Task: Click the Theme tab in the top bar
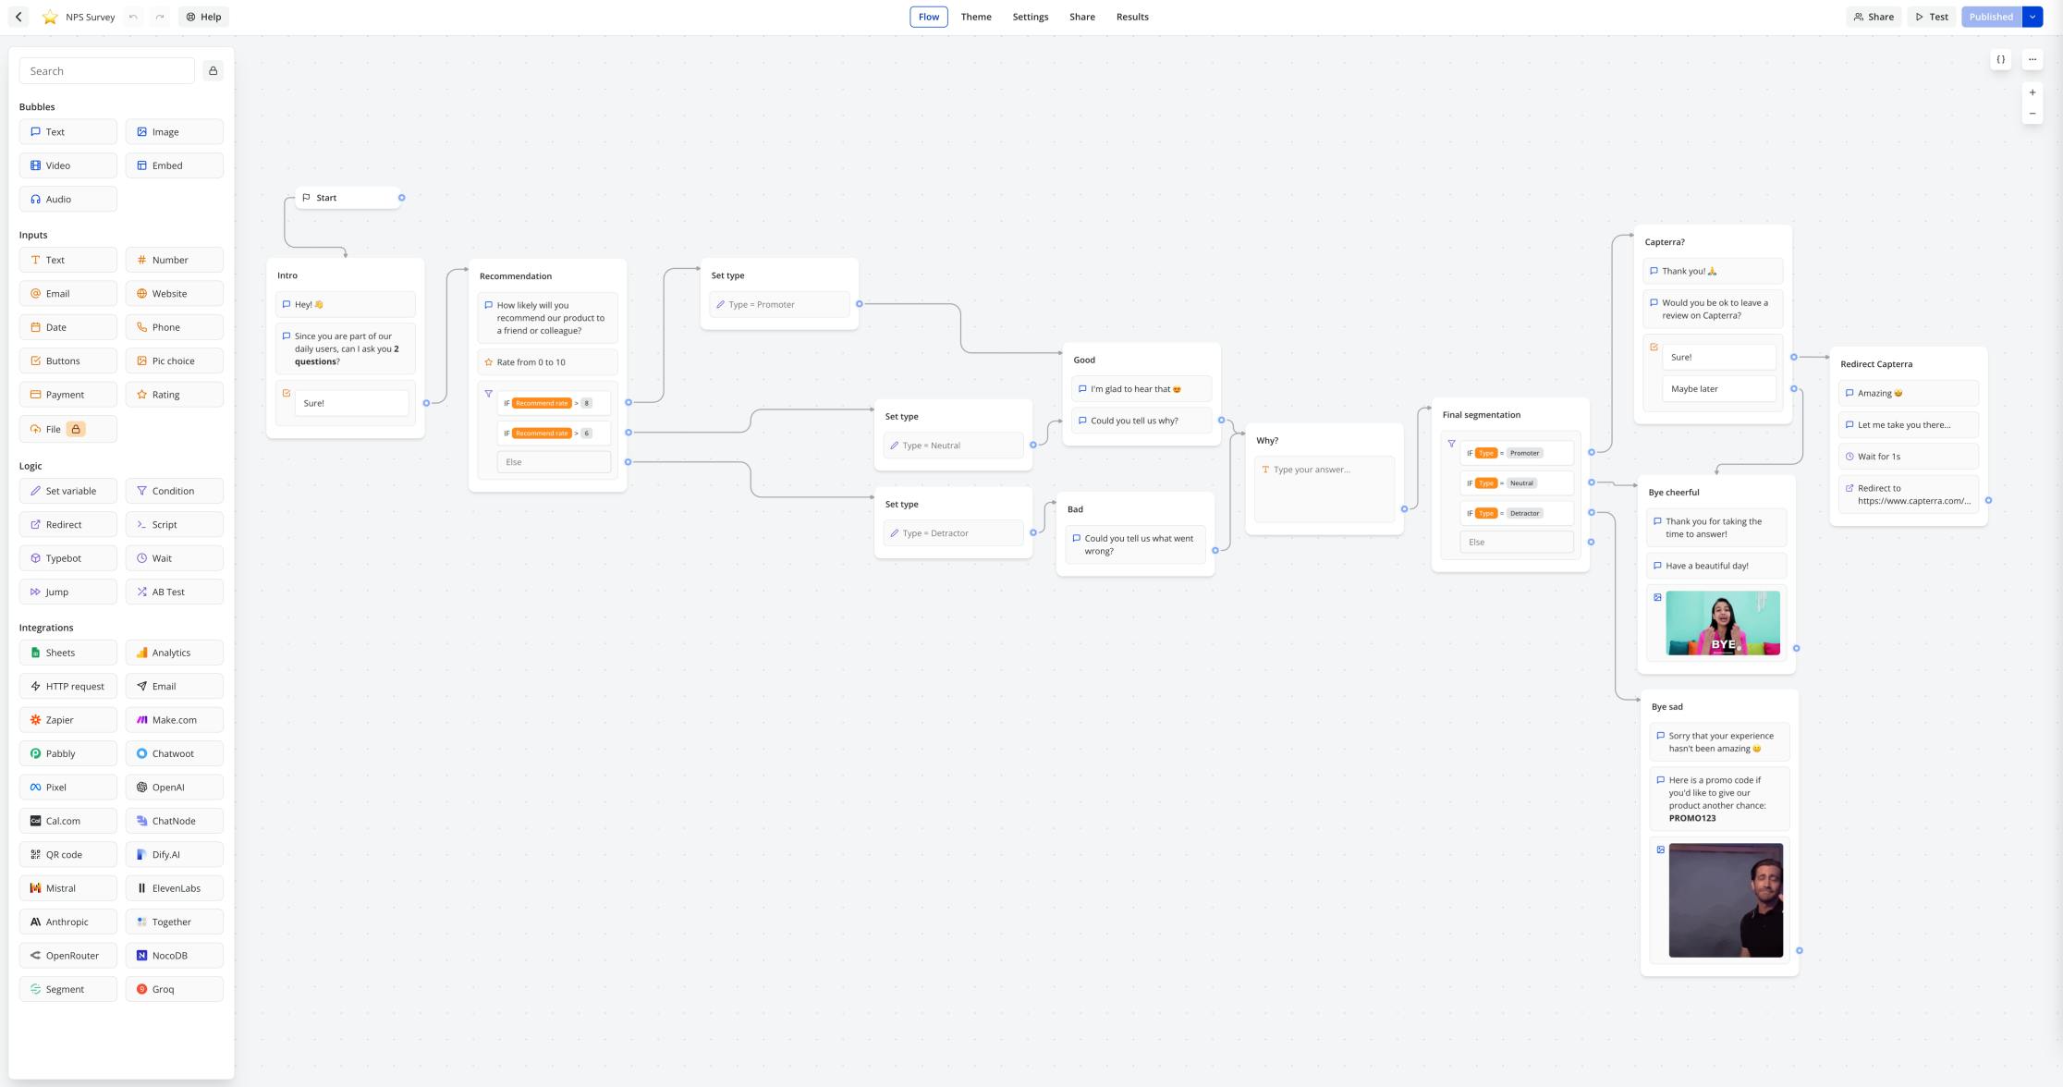[x=975, y=17]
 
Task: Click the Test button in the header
[x=1931, y=17]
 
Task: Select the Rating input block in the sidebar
[x=174, y=395]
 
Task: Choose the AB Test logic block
[x=174, y=592]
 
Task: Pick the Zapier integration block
[x=67, y=720]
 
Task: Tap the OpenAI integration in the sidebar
[x=174, y=788]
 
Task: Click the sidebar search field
[x=106, y=71]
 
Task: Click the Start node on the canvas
[x=348, y=198]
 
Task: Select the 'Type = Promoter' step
[x=778, y=305]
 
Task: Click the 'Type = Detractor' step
[x=952, y=533]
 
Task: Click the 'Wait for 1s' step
[x=1908, y=457]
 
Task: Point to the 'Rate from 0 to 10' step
[x=547, y=362]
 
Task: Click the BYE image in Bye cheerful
[x=1722, y=623]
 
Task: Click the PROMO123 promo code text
[x=1691, y=818]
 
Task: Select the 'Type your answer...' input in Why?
[x=1324, y=470]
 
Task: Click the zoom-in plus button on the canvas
[x=2032, y=92]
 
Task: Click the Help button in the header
[x=203, y=17]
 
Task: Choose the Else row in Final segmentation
[x=1516, y=543]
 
